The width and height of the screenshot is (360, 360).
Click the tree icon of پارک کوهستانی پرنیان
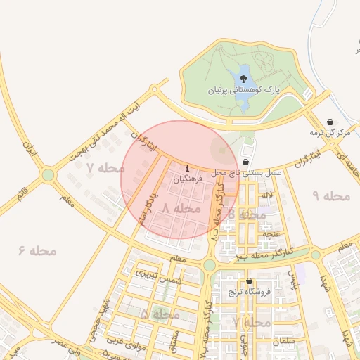(243, 79)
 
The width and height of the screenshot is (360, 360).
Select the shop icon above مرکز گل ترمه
(330, 122)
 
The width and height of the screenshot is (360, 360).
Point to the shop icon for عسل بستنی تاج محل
(245, 162)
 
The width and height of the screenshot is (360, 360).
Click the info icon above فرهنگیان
(187, 169)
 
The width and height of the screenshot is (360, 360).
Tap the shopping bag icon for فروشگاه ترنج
(248, 282)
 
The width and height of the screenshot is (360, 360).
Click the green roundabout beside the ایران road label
(48, 174)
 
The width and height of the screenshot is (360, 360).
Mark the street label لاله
(266, 194)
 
